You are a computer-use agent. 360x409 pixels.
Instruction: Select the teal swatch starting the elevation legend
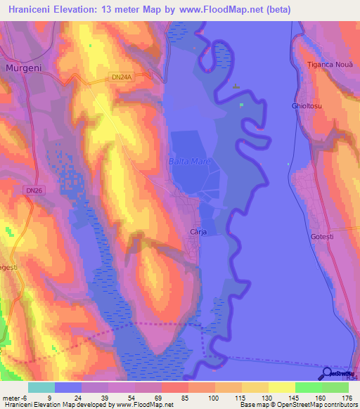[x=41, y=387]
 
